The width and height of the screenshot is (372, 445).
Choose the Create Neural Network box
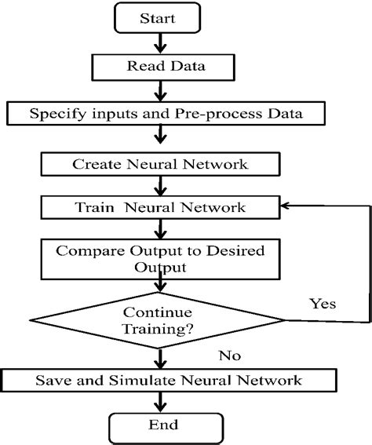click(160, 164)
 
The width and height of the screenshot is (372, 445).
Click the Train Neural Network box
click(160, 208)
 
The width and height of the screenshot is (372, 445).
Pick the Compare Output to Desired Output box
click(160, 258)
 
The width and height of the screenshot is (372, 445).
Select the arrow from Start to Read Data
click(160, 44)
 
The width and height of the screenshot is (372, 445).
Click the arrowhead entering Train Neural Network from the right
click(286, 207)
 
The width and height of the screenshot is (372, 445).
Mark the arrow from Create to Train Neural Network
click(160, 186)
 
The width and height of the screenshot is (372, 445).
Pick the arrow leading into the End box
click(160, 403)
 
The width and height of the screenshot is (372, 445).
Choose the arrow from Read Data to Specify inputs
click(160, 89)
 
